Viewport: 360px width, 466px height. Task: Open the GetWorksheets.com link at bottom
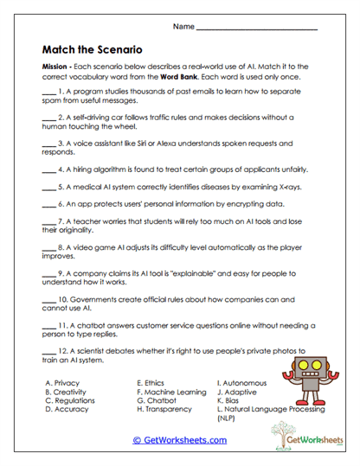pyautogui.click(x=179, y=440)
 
